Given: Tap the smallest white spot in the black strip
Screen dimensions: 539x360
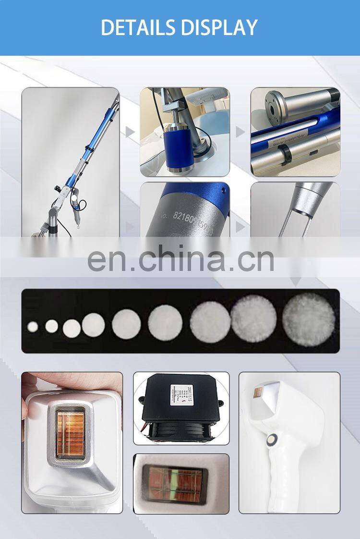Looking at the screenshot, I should click(33, 327).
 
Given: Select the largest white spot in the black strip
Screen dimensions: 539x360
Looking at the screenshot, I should click(308, 320).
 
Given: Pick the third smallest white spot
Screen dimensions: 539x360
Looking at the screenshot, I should click(72, 328).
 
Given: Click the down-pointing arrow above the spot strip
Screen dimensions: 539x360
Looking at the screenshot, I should click(296, 281).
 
